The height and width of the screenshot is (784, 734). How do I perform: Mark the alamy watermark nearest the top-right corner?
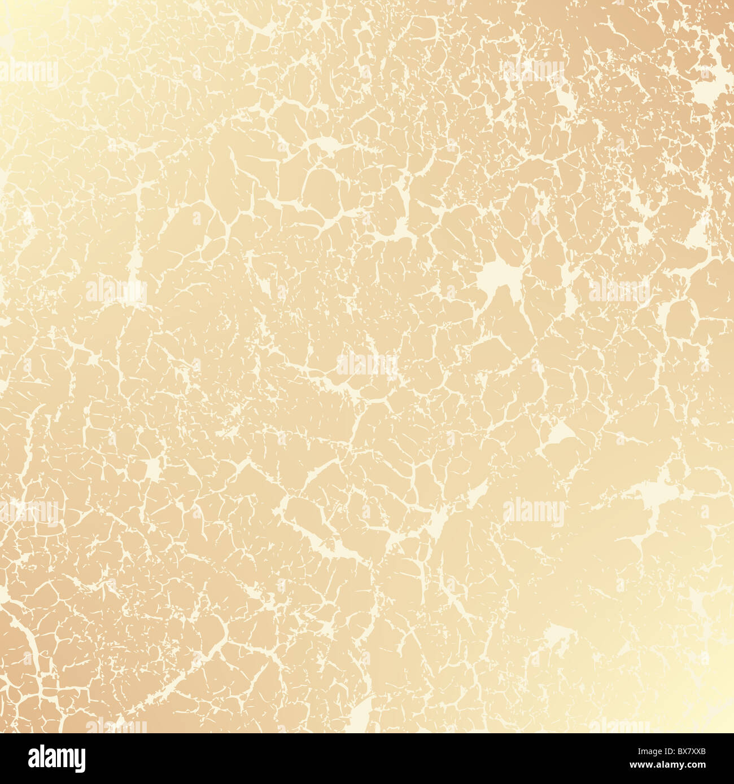[x=534, y=71]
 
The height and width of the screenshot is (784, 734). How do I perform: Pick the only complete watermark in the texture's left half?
[x=116, y=290]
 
